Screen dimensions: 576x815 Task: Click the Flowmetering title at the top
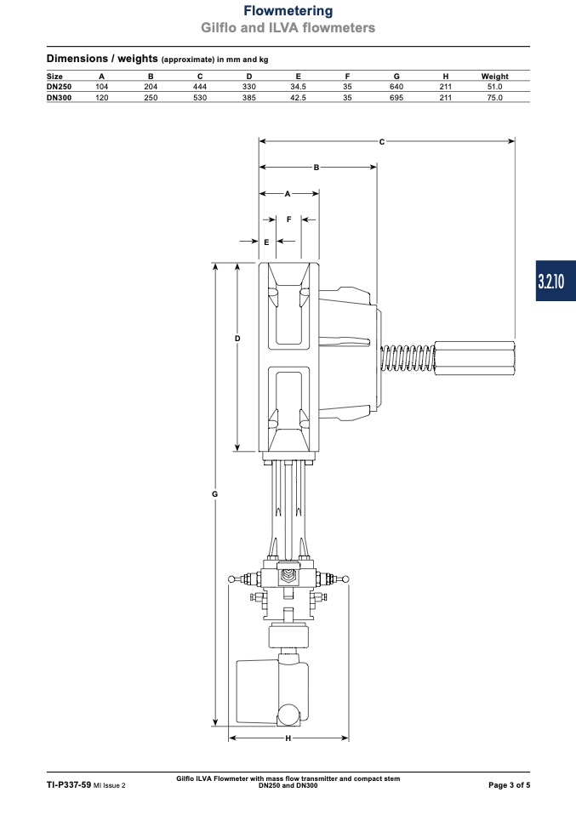coord(288,11)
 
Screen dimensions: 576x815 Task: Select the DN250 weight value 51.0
coord(494,87)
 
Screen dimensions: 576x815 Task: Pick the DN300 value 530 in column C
coord(200,98)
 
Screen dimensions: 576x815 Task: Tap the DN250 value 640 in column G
coord(396,87)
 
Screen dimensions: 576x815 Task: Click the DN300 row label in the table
coord(60,98)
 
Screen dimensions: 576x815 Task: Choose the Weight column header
coord(494,76)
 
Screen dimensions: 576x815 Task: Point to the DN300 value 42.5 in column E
coord(298,98)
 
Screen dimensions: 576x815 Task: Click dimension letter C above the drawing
coord(381,141)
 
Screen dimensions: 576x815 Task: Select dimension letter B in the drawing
coord(316,168)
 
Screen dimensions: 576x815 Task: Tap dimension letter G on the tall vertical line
coord(214,493)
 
